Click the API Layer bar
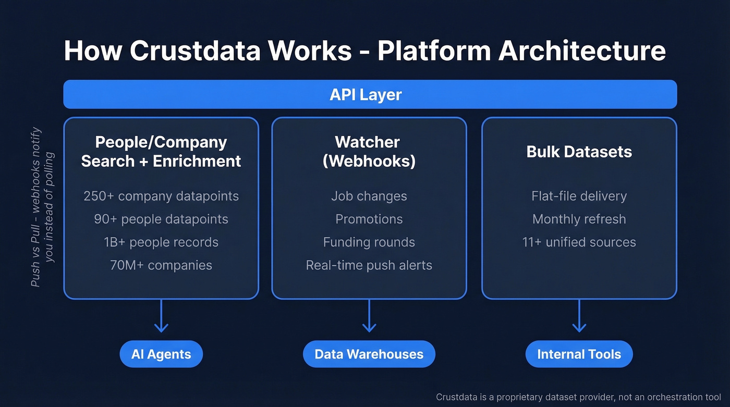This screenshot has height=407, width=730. [370, 94]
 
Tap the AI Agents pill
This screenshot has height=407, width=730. [161, 354]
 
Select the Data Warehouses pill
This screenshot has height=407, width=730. [369, 354]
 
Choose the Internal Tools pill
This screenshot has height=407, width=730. [579, 354]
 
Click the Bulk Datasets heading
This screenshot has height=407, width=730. [579, 152]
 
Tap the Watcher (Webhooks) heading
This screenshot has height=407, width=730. [369, 152]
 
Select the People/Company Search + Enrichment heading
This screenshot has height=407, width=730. [161, 152]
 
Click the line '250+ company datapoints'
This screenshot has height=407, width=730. [161, 196]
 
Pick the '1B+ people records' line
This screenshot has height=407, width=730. [161, 242]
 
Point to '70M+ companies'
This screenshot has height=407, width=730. [161, 265]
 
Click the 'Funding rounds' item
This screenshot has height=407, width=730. [369, 242]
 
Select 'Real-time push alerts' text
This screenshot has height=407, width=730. [369, 265]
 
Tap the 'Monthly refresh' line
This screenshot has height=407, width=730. [579, 219]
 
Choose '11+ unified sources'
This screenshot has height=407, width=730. [579, 242]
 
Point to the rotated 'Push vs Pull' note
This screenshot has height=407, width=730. [42, 207]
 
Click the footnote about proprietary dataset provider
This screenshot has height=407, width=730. [579, 397]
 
